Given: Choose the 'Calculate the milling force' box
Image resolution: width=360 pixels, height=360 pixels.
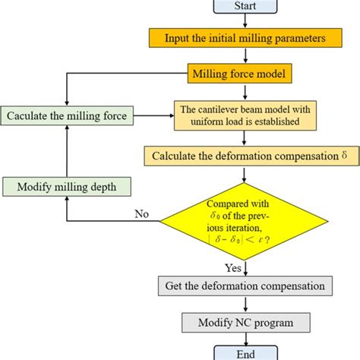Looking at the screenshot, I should [68, 115].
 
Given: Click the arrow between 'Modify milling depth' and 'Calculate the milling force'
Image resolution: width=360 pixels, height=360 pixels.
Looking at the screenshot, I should [68, 150].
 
